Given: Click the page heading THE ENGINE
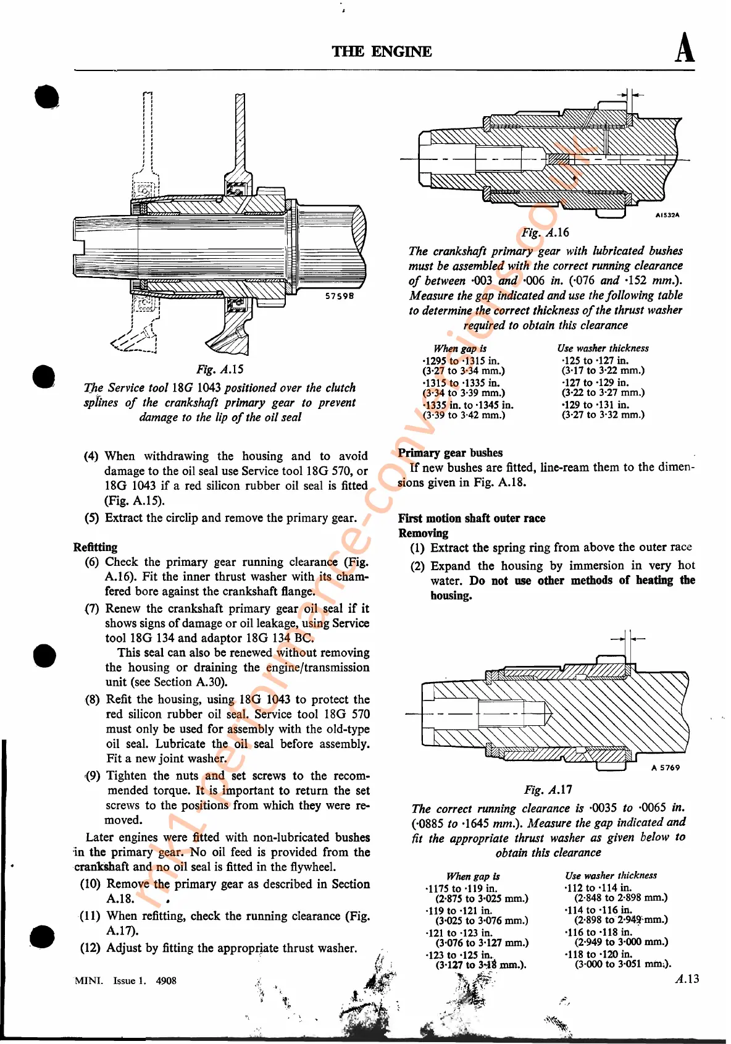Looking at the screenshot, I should (x=382, y=51).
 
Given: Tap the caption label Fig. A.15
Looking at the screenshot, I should (x=220, y=369).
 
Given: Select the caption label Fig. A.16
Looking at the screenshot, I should (x=545, y=233).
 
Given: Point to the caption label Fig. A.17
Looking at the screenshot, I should (x=548, y=789).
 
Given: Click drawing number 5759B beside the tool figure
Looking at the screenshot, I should (x=340, y=296).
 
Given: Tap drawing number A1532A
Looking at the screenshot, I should (x=667, y=216).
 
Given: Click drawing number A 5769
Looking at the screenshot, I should (x=666, y=768).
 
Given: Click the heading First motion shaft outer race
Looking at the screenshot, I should (x=472, y=518).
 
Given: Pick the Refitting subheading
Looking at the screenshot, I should (x=95, y=547).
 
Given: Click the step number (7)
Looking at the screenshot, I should (x=92, y=608).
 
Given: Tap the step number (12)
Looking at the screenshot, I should (x=90, y=948).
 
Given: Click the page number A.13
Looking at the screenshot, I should (x=687, y=979).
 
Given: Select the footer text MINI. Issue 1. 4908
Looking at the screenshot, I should (x=125, y=980).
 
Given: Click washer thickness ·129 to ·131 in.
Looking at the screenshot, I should (x=595, y=405).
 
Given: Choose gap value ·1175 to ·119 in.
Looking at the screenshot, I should (x=461, y=888).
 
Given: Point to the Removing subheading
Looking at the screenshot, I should (x=424, y=533).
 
